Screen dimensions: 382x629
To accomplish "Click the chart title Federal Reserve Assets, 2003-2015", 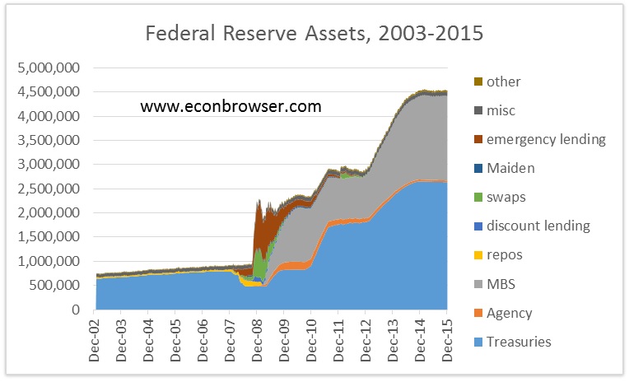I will click(314, 34).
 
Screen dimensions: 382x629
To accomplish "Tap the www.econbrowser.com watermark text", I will click(231, 106).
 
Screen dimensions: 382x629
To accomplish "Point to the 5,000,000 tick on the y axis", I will click(51, 68).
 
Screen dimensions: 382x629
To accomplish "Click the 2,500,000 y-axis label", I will click(51, 189).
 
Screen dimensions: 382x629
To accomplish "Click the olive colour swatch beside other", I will click(478, 82).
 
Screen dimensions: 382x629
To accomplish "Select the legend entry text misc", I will click(501, 110).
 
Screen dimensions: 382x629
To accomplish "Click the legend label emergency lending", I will click(546, 139).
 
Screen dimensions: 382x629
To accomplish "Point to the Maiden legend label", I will click(510, 168).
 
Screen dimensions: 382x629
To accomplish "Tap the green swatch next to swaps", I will click(478, 198).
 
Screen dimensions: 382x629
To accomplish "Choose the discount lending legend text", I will click(538, 226).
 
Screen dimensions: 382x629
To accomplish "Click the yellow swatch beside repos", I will click(478, 255).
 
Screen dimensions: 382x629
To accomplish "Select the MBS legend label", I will click(501, 283).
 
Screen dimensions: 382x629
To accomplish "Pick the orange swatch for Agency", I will click(478, 313).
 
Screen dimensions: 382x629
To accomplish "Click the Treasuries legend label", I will click(519, 342).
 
